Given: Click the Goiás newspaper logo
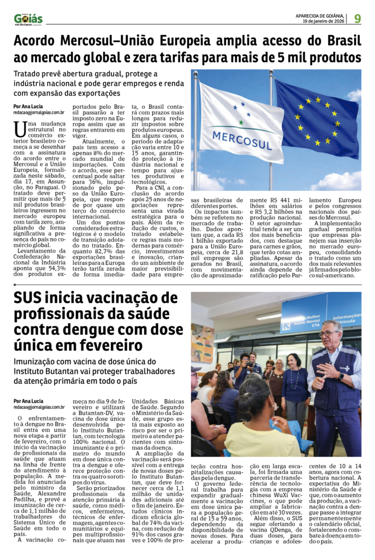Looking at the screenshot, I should pyautogui.click(x=28, y=19).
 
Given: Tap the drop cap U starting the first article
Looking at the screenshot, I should pyautogui.click(x=20, y=129).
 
